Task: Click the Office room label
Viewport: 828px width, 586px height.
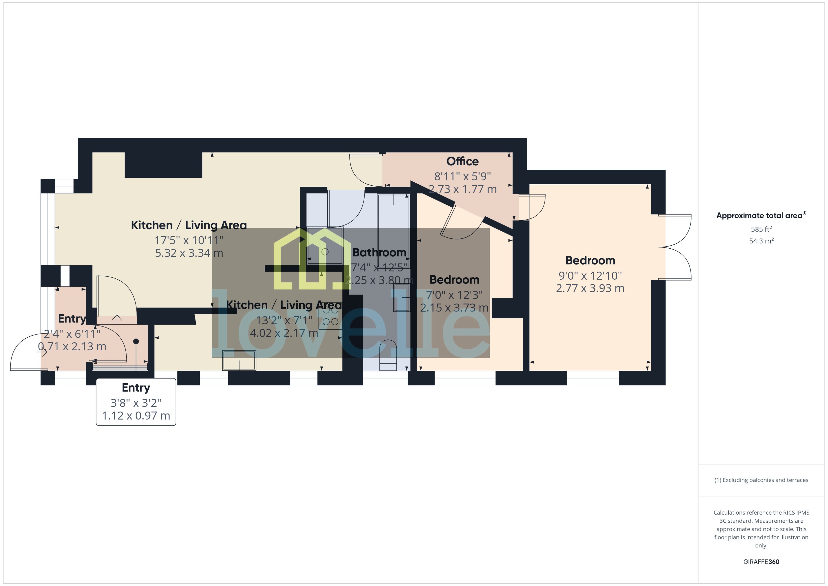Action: coord(462,161)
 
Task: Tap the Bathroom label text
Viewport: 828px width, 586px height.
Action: coord(379,252)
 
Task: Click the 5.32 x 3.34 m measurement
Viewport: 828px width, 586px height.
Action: coord(189,253)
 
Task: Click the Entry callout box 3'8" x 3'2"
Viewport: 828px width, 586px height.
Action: coord(136,402)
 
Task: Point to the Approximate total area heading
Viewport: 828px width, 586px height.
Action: coord(761,216)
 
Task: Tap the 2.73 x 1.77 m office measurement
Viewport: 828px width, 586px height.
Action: coord(462,189)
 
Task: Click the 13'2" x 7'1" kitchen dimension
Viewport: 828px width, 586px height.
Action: coord(284,320)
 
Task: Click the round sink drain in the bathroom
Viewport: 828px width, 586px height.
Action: coord(325,252)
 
